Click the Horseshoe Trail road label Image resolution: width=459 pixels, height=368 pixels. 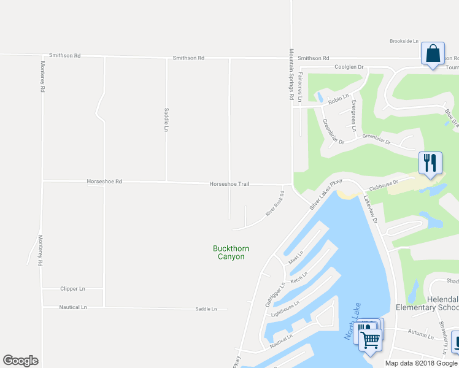point(229,183)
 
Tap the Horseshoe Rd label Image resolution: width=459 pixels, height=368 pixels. point(104,182)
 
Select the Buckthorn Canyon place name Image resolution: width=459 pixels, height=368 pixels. point(231,252)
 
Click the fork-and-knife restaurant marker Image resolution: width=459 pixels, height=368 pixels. point(430,163)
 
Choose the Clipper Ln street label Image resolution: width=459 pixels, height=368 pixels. point(72,288)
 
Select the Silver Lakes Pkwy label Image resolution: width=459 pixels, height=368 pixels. point(325,196)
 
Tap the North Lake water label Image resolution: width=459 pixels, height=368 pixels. point(350,324)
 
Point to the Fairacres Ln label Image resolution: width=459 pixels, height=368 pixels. point(300,86)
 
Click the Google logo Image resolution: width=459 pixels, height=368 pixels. point(21,361)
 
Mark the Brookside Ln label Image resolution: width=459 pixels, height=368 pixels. point(404,42)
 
